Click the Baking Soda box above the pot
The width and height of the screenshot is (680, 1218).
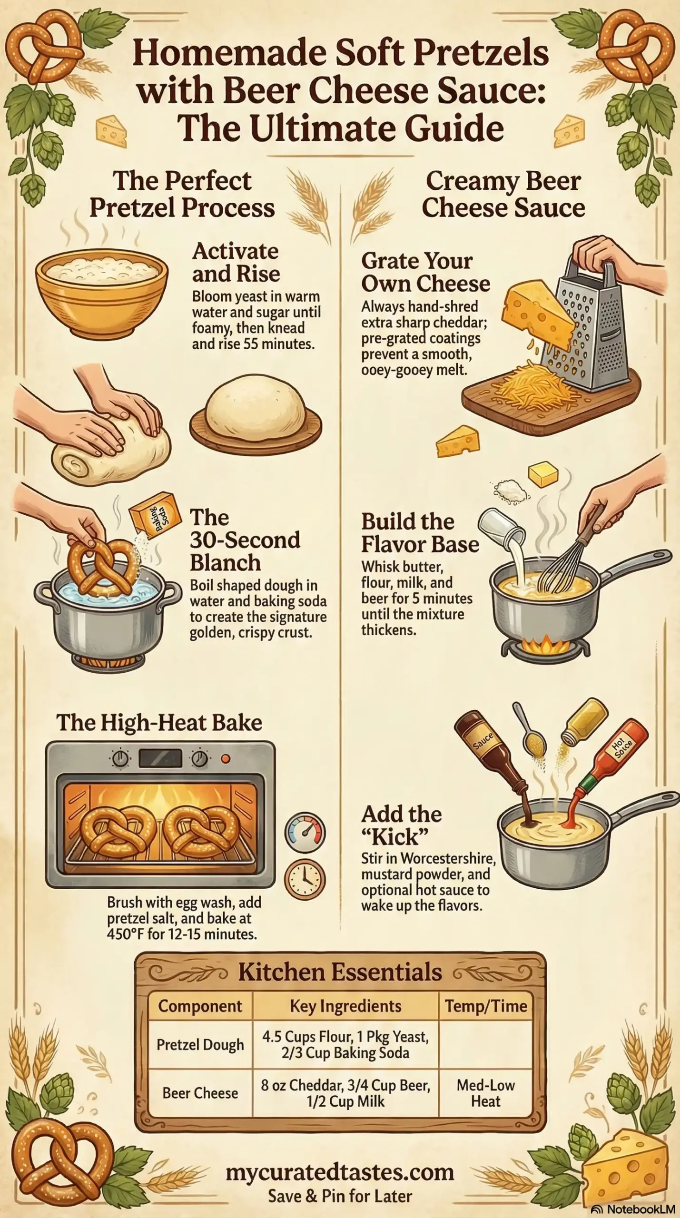pos(155,515)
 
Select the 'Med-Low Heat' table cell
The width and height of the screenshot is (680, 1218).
pos(485,1093)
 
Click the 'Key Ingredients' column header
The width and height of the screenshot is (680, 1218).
pos(345,1006)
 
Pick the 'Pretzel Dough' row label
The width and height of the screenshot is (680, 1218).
pos(200,1044)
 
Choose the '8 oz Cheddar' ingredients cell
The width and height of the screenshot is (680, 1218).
pos(345,1093)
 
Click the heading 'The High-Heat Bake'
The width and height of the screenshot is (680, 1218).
pos(159,722)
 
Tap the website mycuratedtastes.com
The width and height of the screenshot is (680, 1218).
pos(340,1172)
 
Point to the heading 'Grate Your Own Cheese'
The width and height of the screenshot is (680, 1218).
pos(425,272)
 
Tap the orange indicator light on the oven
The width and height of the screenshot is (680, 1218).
pos(226,759)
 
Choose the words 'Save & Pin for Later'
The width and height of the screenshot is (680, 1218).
pos(340,1196)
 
